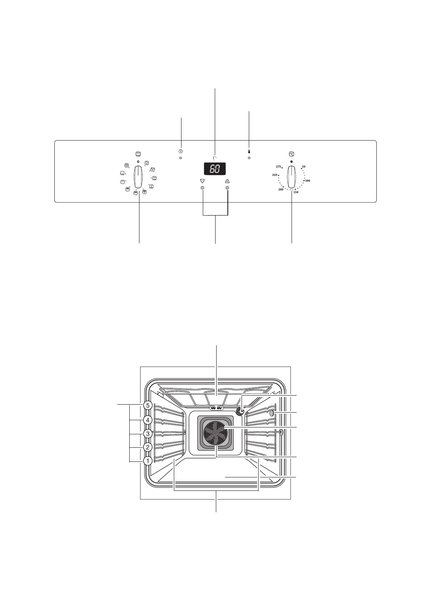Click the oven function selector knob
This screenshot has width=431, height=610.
pyautogui.click(x=138, y=176)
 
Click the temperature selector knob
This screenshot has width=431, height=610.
pyautogui.click(x=291, y=176)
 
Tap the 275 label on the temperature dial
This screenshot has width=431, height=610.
pyautogui.click(x=278, y=167)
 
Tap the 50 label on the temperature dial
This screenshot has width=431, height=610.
pyautogui.click(x=304, y=167)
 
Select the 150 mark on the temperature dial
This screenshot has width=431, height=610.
pyautogui.click(x=296, y=192)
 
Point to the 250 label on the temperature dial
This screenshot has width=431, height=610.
pyautogui.click(x=275, y=175)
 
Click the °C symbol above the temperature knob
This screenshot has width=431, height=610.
pyautogui.click(x=291, y=154)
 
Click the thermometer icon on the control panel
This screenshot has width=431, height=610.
pyautogui.click(x=249, y=152)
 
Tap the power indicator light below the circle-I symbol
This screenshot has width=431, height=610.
pyautogui.click(x=180, y=159)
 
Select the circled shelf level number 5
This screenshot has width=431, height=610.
pyautogui.click(x=147, y=406)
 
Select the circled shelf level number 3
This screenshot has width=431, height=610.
pyautogui.click(x=147, y=433)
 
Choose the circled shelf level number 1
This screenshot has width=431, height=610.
pyautogui.click(x=147, y=461)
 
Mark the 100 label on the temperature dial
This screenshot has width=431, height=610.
pyautogui.click(x=307, y=180)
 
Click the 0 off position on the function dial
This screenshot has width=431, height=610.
pyautogui.click(x=138, y=161)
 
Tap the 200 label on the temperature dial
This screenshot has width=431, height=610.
pyautogui.click(x=281, y=189)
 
